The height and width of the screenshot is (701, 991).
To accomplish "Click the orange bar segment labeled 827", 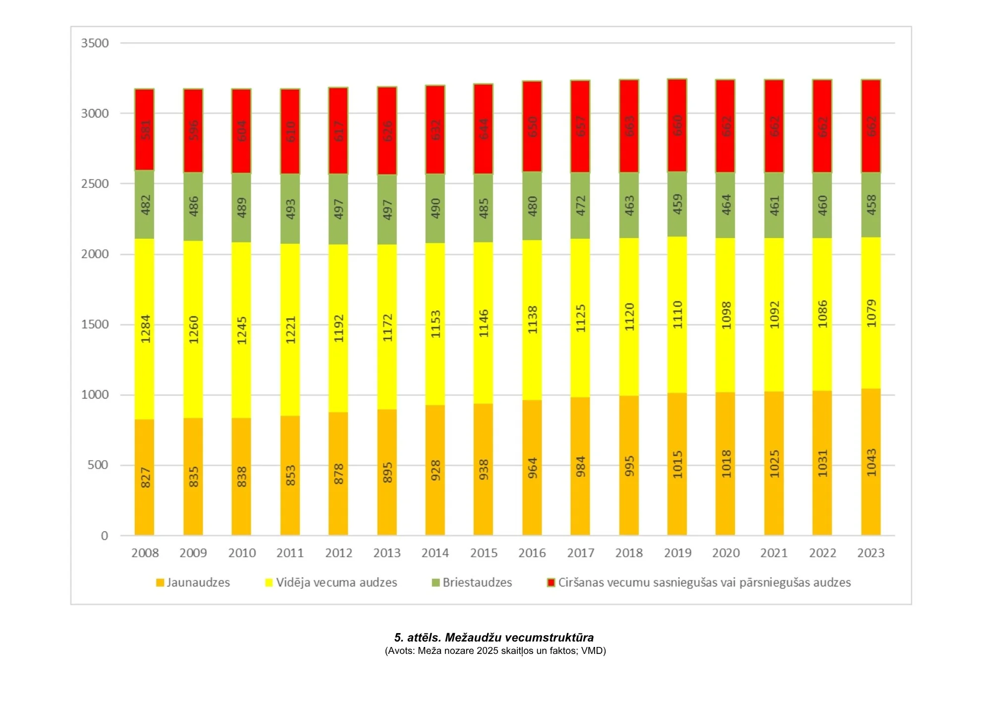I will (x=144, y=477).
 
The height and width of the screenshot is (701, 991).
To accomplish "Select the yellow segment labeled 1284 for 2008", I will (x=144, y=329).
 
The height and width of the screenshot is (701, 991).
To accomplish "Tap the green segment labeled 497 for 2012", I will (x=338, y=209).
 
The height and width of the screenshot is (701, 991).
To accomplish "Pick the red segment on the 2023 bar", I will (x=871, y=126).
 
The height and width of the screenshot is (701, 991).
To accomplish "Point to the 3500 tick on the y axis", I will (x=95, y=43).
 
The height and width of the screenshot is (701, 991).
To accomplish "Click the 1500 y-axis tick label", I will (x=95, y=324).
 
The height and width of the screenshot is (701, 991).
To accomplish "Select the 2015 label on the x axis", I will (x=484, y=553).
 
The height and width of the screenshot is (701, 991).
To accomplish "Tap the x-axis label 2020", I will (x=726, y=553).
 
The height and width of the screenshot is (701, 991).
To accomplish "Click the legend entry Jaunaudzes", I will (x=198, y=583).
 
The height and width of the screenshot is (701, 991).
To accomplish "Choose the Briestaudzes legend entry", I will (x=477, y=583).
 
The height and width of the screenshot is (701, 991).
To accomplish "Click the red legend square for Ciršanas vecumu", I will (x=551, y=583).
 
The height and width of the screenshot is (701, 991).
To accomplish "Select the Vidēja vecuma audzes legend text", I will (x=336, y=583).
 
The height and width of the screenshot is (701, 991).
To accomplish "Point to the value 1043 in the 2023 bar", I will (x=871, y=462).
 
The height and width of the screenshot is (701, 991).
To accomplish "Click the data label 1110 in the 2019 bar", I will (x=677, y=314).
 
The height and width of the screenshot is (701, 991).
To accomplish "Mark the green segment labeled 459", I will (x=677, y=204).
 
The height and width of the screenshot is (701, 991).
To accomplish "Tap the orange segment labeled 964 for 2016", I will (x=532, y=467).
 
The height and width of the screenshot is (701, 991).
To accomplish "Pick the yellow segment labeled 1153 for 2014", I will (x=435, y=324).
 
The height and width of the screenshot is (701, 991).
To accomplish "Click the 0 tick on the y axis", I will (x=104, y=535).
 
